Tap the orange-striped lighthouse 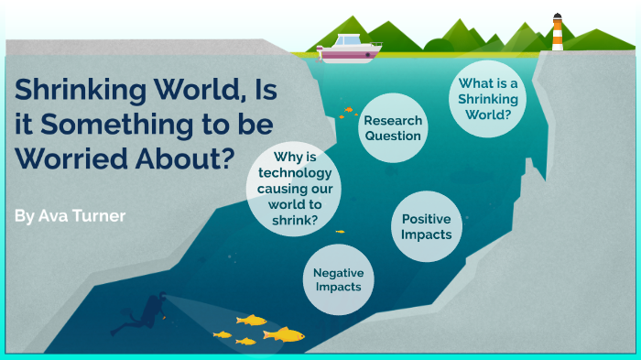pos(557,33)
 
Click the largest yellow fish pos(285,334)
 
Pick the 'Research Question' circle pos(393,129)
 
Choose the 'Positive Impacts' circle pos(426,227)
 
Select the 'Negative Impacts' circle pos(338,279)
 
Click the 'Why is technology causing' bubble pos(288,189)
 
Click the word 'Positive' pos(427,219)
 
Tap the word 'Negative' pos(338,272)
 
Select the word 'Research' pos(393,121)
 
